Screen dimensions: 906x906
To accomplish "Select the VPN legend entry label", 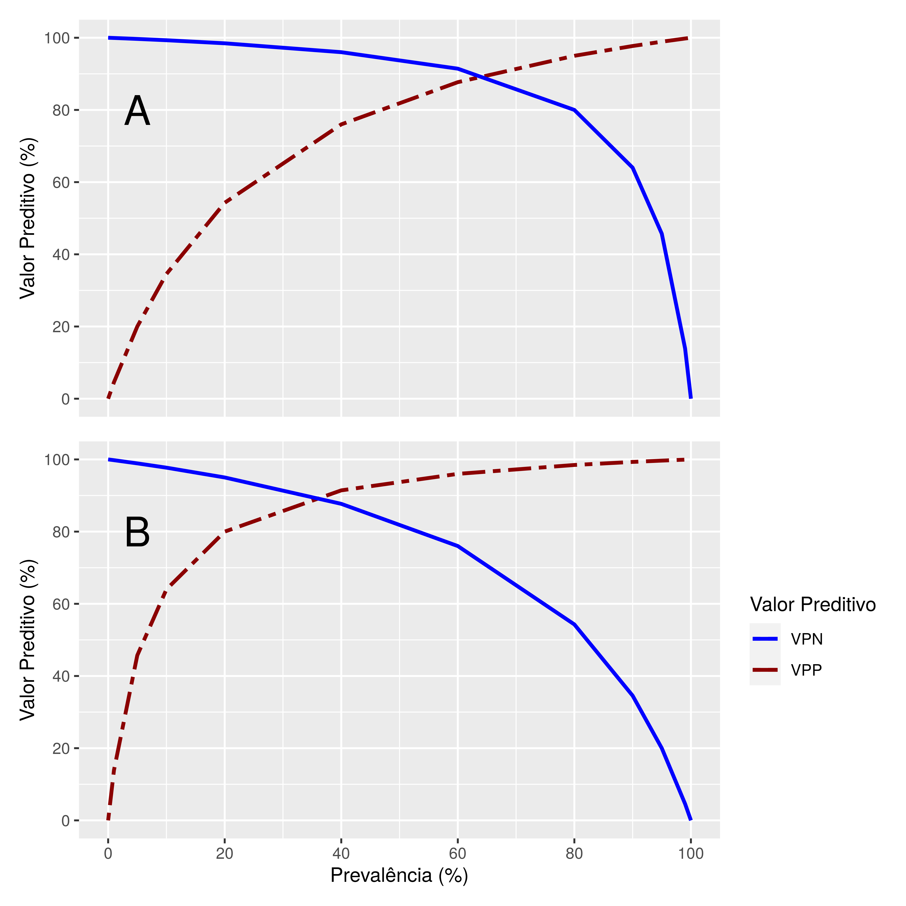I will (807, 639).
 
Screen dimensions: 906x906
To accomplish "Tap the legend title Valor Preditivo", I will (813, 604).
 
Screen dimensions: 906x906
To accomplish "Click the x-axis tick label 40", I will (341, 854).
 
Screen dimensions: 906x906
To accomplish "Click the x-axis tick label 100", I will (690, 854).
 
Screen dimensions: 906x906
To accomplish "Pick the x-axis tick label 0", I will (108, 854).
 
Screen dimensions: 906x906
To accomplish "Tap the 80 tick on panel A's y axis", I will (61, 110).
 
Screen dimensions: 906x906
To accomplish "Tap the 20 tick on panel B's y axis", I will (61, 749).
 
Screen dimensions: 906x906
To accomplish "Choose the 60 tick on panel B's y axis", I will (61, 604).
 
